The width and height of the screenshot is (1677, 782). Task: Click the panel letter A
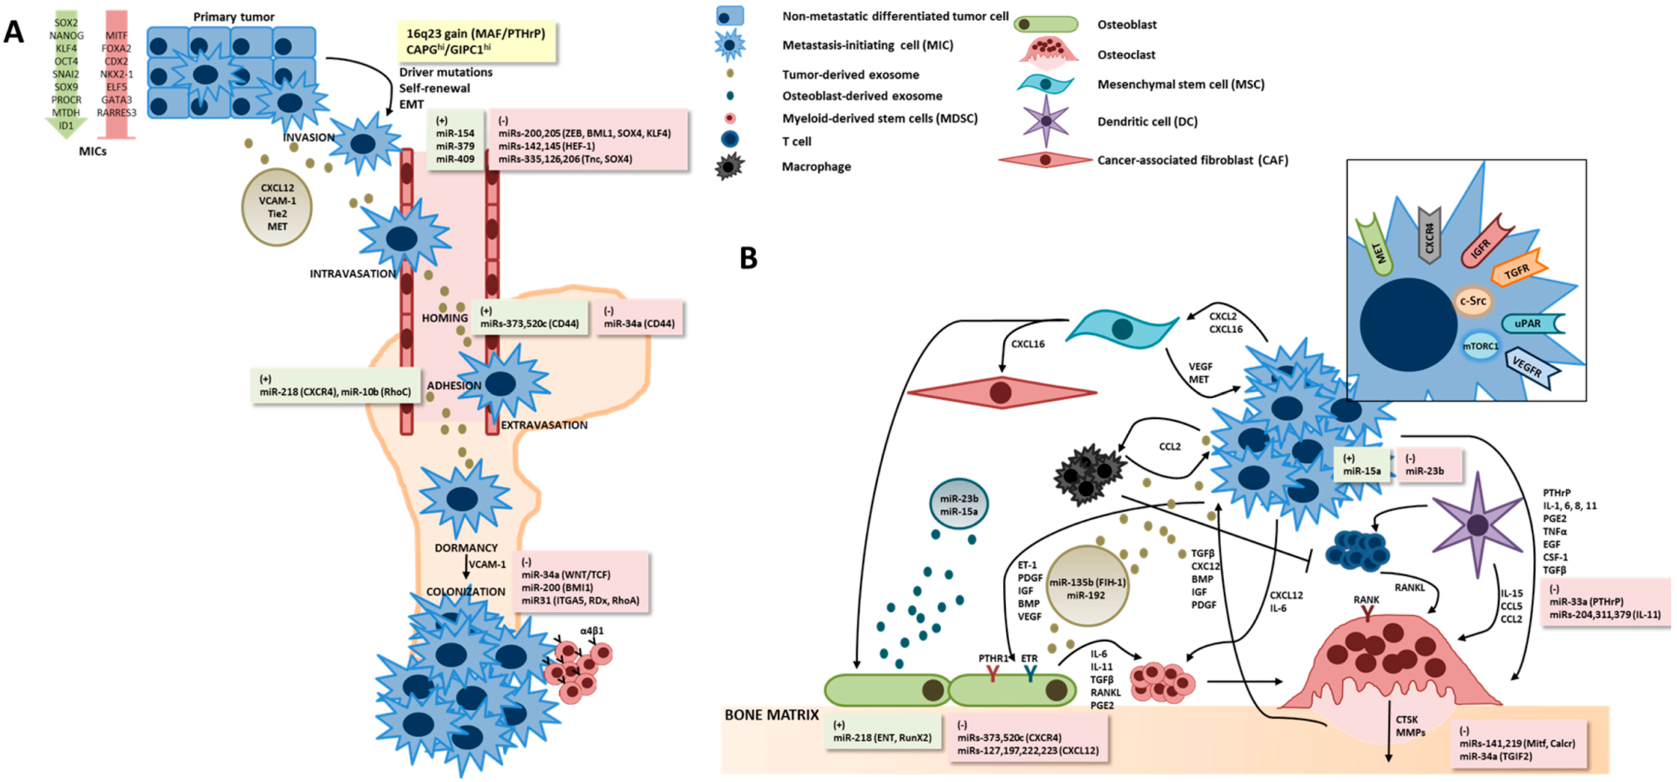[14, 31]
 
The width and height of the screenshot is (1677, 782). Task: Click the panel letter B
[749, 258]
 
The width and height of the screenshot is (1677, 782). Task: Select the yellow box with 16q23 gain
[476, 41]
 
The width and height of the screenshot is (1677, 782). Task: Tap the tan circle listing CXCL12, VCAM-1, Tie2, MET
[277, 207]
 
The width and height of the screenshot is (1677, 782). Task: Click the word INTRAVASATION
[352, 274]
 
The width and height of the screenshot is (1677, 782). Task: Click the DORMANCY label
[466, 548]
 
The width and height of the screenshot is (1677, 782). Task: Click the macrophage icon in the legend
[729, 167]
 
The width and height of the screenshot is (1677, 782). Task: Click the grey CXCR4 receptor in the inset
[1430, 235]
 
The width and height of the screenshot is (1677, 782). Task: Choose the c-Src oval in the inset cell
[1472, 301]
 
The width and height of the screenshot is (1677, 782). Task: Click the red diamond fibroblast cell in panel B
[1001, 392]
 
